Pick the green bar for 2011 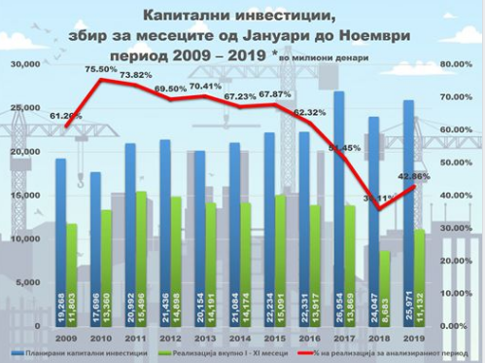142,258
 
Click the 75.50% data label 101,70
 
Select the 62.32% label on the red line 309,112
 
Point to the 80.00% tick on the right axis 455,64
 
